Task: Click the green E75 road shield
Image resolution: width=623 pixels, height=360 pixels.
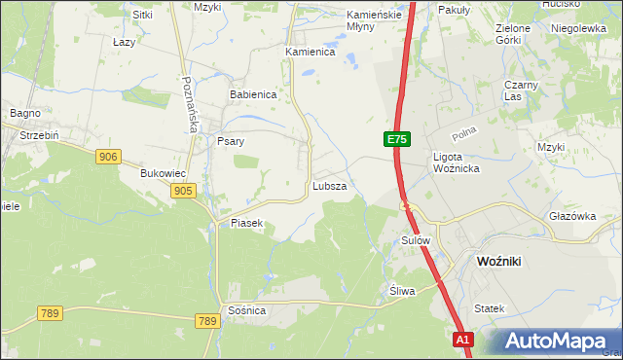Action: (x=396, y=140)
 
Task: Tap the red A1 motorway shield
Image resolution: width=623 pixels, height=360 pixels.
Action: (x=463, y=340)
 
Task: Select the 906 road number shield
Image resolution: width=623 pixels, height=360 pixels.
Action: (x=108, y=157)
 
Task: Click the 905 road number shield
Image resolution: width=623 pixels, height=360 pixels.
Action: (x=183, y=192)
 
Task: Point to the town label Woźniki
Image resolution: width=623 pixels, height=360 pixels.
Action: (x=503, y=262)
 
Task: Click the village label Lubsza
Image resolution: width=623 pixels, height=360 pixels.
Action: (x=329, y=185)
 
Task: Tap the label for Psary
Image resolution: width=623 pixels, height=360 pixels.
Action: (x=230, y=141)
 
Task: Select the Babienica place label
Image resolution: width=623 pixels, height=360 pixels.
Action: (x=253, y=95)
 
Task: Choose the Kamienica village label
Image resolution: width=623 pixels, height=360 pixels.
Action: (x=310, y=52)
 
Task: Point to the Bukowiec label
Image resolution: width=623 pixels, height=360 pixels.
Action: (x=163, y=174)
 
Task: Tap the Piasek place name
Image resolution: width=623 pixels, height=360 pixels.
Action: (x=246, y=223)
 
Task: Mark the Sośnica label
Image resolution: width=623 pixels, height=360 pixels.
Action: (x=245, y=309)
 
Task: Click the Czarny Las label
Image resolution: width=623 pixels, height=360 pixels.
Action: (x=522, y=90)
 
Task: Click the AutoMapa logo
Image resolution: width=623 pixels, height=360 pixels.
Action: (x=553, y=342)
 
